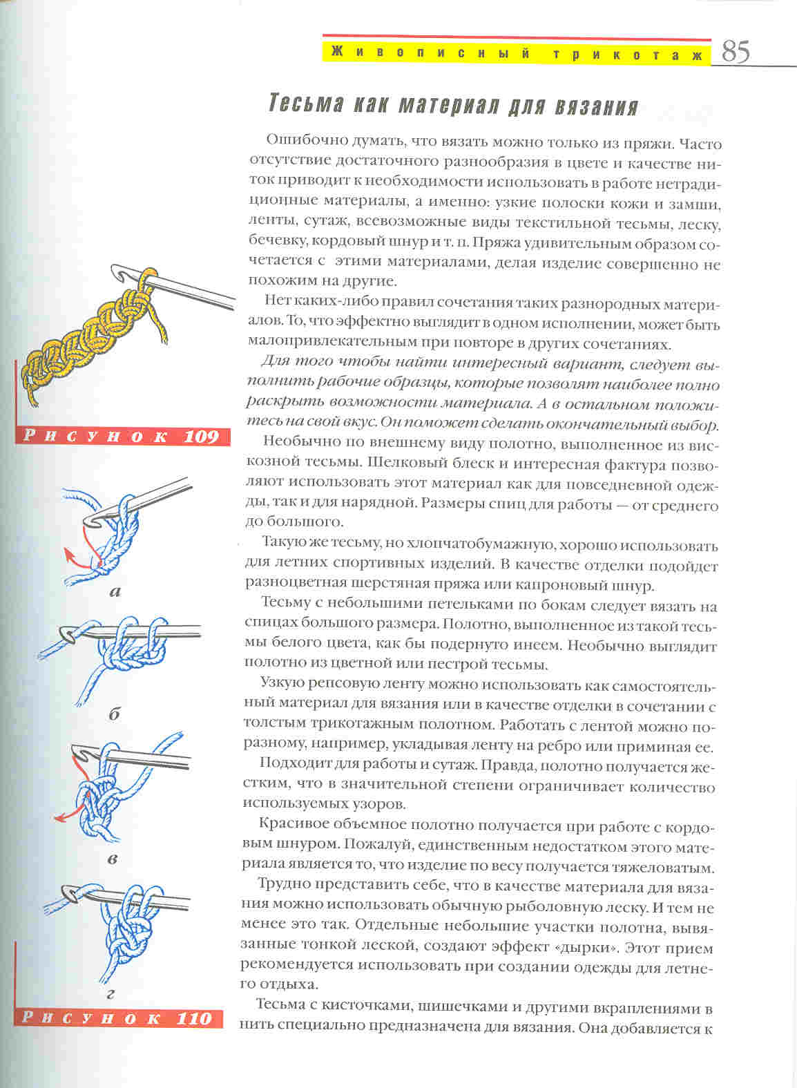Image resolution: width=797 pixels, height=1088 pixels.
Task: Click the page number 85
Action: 736,52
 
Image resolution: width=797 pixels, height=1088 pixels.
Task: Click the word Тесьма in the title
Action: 305,105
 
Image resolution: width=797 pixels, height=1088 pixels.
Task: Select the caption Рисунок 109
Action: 122,437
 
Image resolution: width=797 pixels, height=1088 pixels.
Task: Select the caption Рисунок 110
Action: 117,1018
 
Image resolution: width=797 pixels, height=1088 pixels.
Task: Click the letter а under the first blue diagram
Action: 115,591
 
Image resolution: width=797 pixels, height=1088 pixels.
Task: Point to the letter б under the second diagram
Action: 114,714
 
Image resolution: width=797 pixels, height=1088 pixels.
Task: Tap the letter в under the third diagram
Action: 113,859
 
